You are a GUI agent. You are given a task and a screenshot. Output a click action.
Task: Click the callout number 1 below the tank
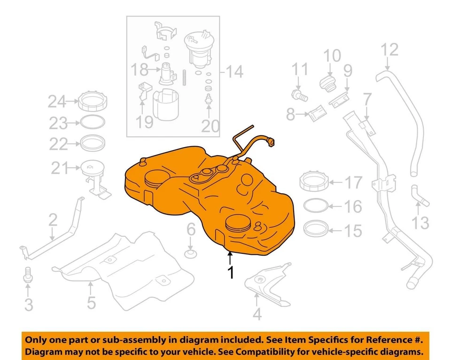click(x=230, y=273)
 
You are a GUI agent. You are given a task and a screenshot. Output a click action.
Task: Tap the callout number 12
click(x=389, y=49)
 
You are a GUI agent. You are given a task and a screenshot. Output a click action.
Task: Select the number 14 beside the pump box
click(x=233, y=72)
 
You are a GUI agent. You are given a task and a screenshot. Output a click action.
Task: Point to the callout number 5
click(x=91, y=302)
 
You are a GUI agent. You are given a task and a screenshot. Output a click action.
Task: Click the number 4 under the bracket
click(x=257, y=313)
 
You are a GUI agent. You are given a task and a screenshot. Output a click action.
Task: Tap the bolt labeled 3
click(x=28, y=274)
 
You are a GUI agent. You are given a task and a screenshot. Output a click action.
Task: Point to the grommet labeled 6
click(x=191, y=254)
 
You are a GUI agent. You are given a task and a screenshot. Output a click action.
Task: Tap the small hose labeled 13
click(x=418, y=196)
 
